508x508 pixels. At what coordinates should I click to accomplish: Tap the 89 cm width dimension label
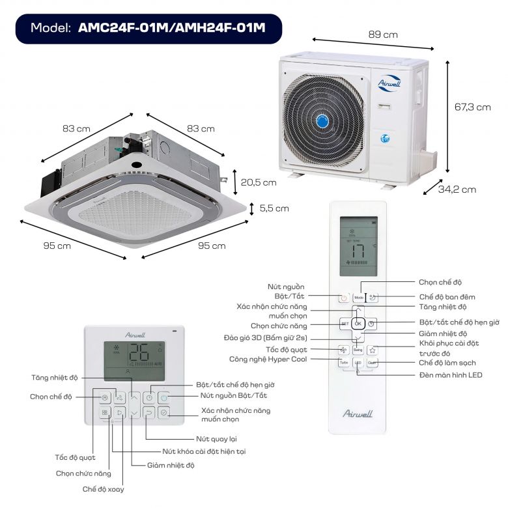[383, 35]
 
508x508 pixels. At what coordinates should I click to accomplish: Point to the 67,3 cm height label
[472, 107]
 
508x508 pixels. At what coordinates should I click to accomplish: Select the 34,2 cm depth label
[457, 190]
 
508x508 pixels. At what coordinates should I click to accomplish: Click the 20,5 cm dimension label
[259, 182]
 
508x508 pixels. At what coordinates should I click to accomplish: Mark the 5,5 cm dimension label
[274, 208]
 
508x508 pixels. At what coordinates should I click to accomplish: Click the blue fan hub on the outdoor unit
[324, 121]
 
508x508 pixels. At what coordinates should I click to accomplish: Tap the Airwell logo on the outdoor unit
[391, 83]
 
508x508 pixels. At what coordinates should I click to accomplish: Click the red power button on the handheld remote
[344, 298]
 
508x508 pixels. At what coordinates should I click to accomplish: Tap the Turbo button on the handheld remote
[344, 363]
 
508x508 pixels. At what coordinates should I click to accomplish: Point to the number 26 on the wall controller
[138, 353]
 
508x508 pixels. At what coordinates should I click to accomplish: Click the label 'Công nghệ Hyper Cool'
[268, 359]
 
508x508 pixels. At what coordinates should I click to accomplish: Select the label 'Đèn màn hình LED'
[450, 375]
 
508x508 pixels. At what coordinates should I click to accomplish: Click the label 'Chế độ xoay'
[103, 488]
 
